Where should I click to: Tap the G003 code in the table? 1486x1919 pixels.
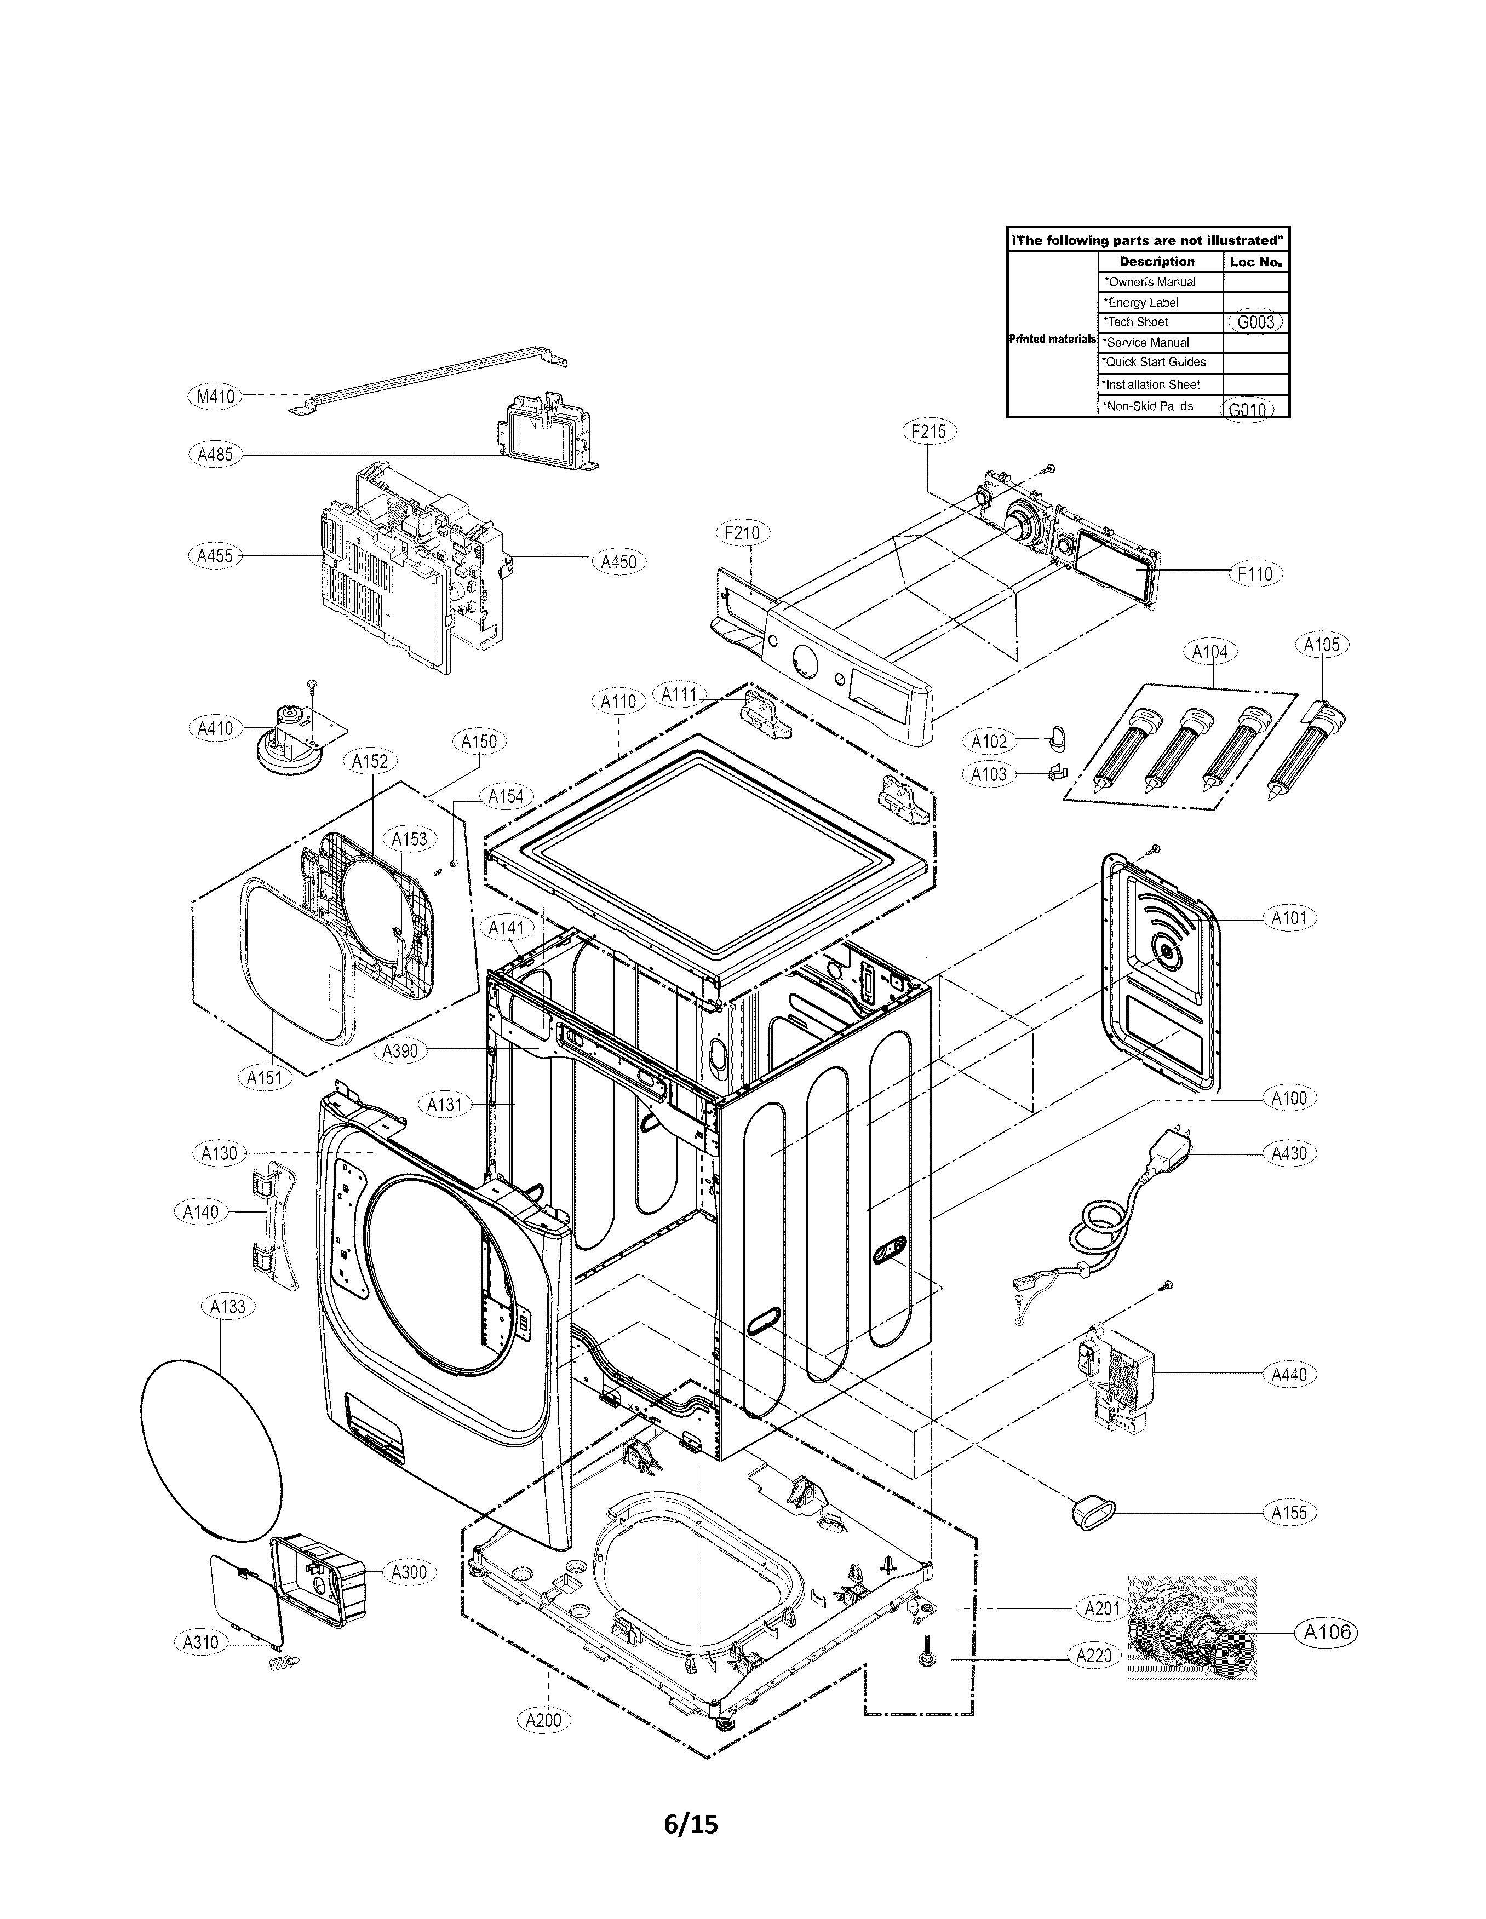tap(1255, 321)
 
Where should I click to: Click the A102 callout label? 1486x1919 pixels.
tap(989, 741)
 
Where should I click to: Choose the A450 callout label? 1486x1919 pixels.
tap(618, 561)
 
